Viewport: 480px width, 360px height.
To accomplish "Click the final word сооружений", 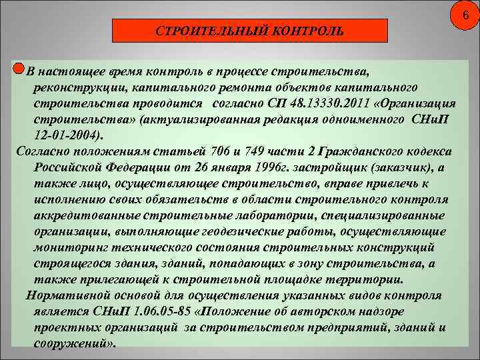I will [x=74, y=344].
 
